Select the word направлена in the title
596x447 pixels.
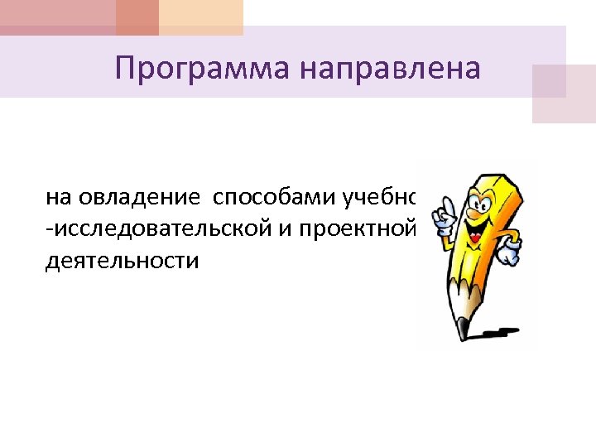389,67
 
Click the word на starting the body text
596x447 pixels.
59,199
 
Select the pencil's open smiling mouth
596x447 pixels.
475,235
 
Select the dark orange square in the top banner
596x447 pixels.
137,17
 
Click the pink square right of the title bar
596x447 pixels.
563,94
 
